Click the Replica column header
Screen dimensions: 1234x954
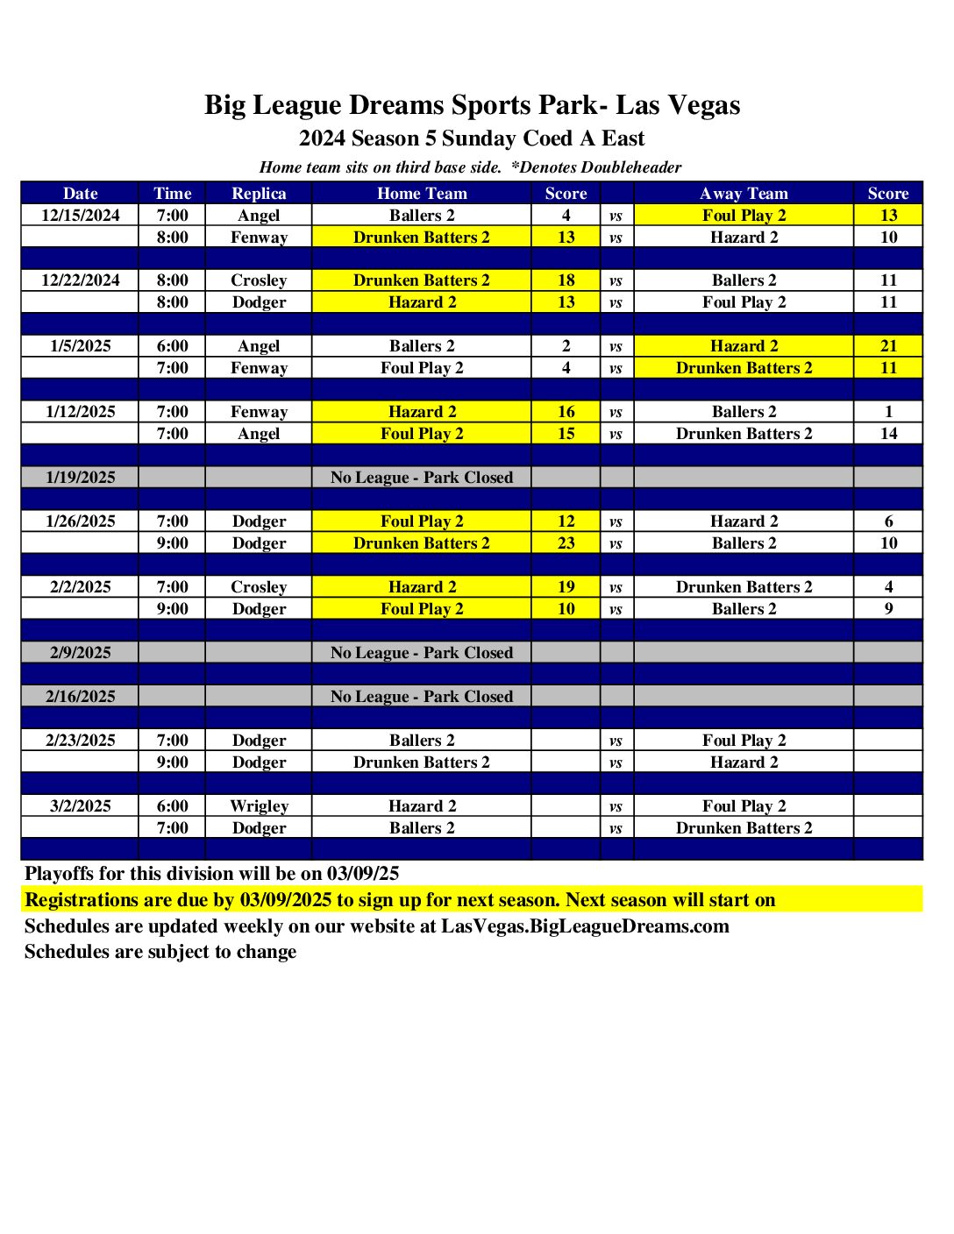[259, 194]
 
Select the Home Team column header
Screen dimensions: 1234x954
[422, 194]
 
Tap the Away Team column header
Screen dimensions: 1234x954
[744, 194]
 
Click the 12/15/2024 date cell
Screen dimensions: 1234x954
[81, 216]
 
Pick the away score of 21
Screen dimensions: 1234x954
[888, 346]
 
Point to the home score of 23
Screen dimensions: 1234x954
[566, 543]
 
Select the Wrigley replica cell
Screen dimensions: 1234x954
[259, 806]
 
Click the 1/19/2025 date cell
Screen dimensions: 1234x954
[81, 478]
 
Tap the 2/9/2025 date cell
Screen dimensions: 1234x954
[81, 653]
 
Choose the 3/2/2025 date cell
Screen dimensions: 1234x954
[81, 806]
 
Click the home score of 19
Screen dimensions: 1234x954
[566, 587]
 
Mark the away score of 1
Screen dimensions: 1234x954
[888, 412]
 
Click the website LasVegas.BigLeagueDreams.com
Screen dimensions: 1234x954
[585, 926]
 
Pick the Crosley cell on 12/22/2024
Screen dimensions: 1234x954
[259, 280]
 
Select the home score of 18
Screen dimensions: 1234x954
[566, 280]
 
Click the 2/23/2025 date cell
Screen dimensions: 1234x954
[81, 741]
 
